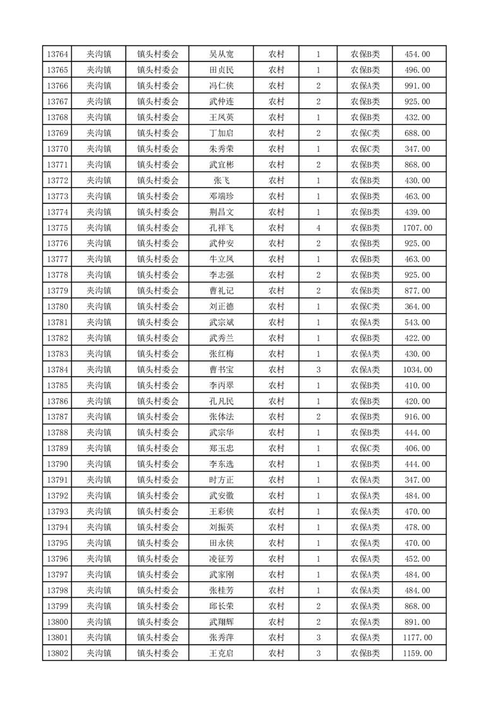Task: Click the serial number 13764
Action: pos(57,54)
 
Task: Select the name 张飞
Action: pos(221,181)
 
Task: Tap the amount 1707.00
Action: pos(418,227)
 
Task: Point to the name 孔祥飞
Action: pos(221,227)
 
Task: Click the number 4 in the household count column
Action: pos(318,227)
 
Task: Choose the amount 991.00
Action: pos(418,86)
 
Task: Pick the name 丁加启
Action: pos(221,133)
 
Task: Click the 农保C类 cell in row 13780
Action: pos(365,306)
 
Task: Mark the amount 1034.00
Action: pos(418,370)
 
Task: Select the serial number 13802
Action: pos(57,653)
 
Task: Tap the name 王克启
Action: pos(221,653)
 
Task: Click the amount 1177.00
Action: pos(418,638)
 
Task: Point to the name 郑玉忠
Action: pos(221,449)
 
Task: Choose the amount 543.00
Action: pos(418,322)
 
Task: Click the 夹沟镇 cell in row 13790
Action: pos(99,464)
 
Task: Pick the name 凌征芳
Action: pos(221,559)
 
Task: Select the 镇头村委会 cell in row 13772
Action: pos(158,181)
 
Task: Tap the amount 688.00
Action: pos(418,133)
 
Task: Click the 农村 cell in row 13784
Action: pos(276,370)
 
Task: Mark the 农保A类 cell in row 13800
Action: pos(365,622)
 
